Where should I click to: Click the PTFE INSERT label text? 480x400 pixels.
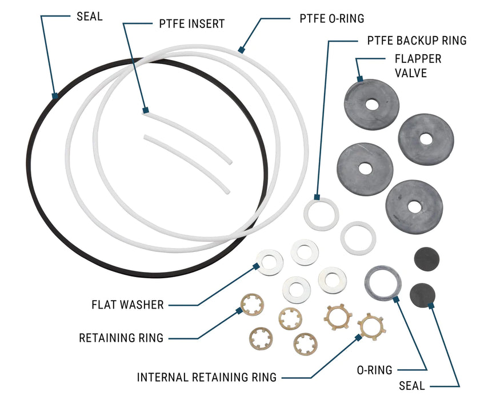[x=191, y=24]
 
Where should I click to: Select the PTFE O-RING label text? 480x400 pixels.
[x=331, y=18]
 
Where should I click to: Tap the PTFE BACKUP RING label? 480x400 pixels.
[x=416, y=41]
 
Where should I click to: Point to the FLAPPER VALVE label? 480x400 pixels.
[x=418, y=66]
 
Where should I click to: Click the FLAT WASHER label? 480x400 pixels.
[x=127, y=305]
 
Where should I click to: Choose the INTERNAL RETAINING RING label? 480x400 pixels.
[x=207, y=377]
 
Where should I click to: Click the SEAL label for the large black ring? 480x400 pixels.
[x=90, y=16]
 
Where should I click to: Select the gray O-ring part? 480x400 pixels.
[x=382, y=282]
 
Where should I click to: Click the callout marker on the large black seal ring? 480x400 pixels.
[x=55, y=96]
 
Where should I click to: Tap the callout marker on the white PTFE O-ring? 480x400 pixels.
[x=241, y=50]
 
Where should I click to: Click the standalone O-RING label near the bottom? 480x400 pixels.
[x=375, y=370]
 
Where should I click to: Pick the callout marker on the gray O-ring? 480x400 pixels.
[x=394, y=298]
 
